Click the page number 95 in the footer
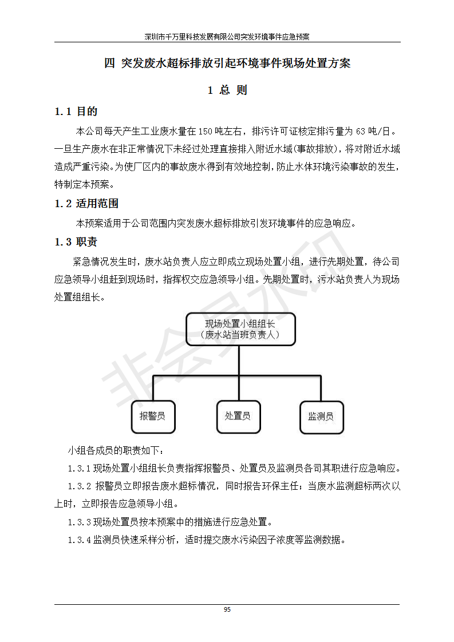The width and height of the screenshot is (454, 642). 227,610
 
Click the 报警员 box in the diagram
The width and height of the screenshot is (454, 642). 153,416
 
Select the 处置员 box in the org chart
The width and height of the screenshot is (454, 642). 237,416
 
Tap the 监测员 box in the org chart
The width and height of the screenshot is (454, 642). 321,416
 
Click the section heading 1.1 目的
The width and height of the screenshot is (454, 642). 76,112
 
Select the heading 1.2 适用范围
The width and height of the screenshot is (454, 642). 86,204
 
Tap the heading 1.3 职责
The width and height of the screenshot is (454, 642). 76,242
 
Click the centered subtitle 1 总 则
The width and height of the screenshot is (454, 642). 227,90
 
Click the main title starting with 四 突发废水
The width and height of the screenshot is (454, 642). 227,64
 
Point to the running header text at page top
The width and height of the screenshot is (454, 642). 227,37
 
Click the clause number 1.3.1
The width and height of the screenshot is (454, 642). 79,469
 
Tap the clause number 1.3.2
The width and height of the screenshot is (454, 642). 79,486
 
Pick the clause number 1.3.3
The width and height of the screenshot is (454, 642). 79,522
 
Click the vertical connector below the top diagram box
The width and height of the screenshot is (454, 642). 240,360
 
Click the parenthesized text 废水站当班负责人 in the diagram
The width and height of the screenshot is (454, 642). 240,335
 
